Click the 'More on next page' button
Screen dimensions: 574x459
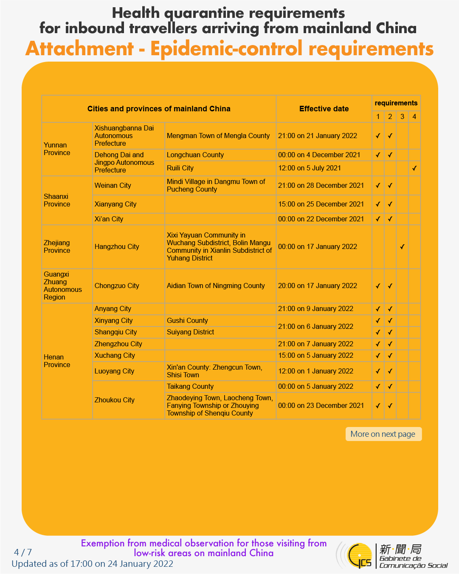click(x=383, y=434)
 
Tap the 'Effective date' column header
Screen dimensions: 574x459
click(x=324, y=109)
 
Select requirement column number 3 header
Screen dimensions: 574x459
click(x=402, y=116)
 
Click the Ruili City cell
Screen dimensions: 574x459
click(x=180, y=168)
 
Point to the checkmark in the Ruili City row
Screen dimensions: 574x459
click(x=414, y=168)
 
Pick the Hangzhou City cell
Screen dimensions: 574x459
click(x=117, y=246)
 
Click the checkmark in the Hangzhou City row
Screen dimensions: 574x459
click(x=402, y=246)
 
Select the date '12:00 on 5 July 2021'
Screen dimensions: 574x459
click(x=310, y=168)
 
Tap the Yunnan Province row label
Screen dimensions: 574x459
click(x=57, y=149)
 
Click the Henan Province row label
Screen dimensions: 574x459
click(x=57, y=361)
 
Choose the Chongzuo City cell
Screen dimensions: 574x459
click(x=117, y=286)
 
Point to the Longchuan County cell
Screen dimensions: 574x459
click(x=195, y=155)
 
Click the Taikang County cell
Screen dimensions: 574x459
click(x=190, y=386)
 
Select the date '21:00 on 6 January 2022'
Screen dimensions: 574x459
click(x=315, y=326)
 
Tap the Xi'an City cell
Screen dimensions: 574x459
click(x=109, y=219)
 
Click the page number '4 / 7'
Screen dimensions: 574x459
click(x=23, y=552)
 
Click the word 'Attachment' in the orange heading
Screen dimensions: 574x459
click(x=80, y=49)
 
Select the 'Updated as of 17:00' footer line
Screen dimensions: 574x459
click(x=93, y=564)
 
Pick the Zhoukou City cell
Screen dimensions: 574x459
click(x=114, y=400)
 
